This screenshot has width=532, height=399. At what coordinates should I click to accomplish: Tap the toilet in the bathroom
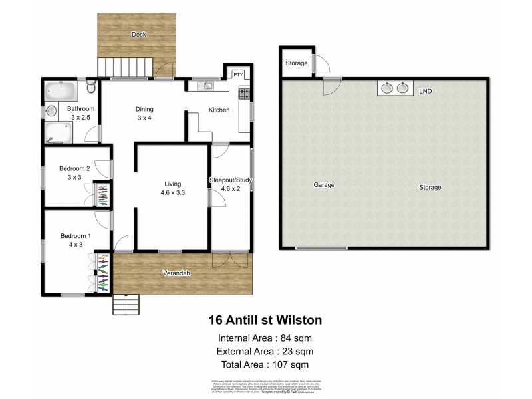(92, 87)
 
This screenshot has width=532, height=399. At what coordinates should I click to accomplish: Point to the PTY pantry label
(237, 74)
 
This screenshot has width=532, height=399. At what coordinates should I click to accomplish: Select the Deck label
(138, 34)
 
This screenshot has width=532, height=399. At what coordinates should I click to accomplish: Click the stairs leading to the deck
(126, 67)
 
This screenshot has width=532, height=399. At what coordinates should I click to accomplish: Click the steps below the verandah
(126, 305)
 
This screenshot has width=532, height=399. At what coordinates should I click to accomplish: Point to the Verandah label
(178, 273)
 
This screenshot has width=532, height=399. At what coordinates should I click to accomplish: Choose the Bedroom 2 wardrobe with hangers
(102, 196)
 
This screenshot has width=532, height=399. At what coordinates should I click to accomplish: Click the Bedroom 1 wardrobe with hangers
(102, 272)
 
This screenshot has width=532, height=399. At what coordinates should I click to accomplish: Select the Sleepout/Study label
(231, 180)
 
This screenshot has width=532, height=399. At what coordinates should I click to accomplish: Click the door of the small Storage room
(322, 63)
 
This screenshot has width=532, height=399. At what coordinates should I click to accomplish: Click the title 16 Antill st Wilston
(265, 320)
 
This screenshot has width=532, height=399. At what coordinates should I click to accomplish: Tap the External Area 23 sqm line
(265, 351)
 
